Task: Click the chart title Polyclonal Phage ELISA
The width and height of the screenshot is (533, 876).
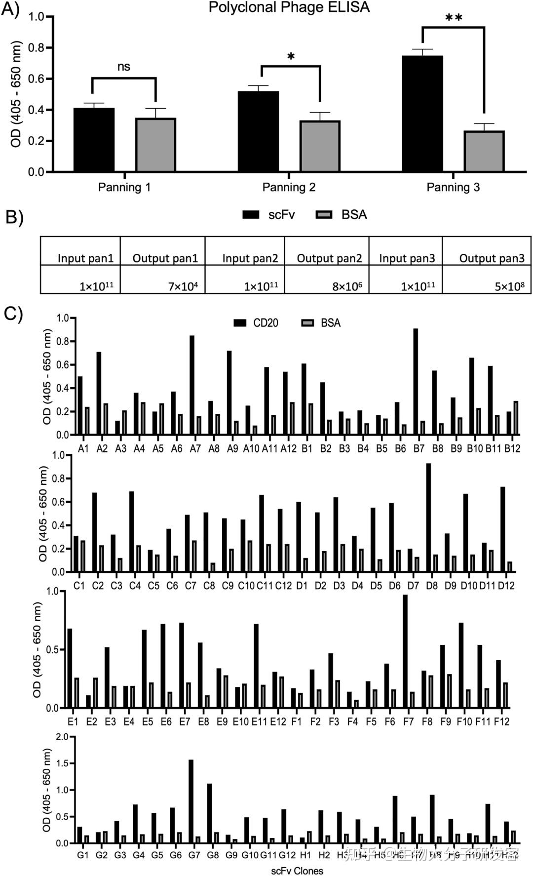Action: point(289,7)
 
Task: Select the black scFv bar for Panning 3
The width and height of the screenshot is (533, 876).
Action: point(422,114)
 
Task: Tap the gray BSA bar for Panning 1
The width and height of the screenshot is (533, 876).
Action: point(155,145)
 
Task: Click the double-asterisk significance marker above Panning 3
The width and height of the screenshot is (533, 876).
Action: point(454,19)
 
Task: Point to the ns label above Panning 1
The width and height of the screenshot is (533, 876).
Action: point(124,67)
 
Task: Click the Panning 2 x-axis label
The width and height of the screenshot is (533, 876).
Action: point(289,187)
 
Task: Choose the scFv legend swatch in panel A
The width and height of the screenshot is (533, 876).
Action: point(251,215)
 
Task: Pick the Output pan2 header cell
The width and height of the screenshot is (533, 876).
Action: point(329,258)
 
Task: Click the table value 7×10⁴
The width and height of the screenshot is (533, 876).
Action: point(183,286)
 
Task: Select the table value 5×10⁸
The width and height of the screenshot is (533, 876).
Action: point(509,286)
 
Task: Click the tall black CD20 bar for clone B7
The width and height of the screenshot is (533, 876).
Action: point(416,382)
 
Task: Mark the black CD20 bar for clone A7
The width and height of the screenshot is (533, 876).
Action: point(192,385)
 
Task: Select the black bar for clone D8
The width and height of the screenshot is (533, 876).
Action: point(428,518)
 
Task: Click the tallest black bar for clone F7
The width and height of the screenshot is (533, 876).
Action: point(405,651)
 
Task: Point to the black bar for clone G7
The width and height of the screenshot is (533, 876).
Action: point(191,801)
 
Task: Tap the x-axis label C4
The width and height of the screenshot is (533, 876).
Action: point(135,586)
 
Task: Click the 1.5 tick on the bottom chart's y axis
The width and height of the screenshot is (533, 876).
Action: point(62,763)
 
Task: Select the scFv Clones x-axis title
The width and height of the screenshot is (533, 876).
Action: point(297,871)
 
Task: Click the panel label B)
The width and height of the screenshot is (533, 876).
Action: point(14,218)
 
